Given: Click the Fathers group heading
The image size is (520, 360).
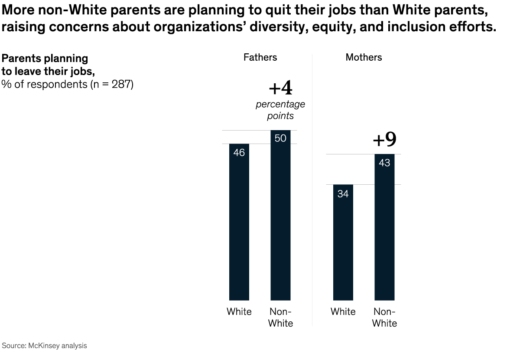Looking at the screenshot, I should tap(260, 57).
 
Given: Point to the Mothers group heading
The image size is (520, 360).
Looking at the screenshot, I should tap(364, 57).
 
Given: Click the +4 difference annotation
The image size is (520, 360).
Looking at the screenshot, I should tap(280, 88).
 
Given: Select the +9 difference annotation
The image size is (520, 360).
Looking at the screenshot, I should tap(384, 140).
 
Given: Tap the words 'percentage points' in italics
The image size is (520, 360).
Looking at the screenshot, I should tap(280, 110).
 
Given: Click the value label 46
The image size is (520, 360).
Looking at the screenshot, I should tap(239, 153).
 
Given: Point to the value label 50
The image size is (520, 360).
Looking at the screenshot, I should tap(280, 139).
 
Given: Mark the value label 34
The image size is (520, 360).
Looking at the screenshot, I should tap(343, 194).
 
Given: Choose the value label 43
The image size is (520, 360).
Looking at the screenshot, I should tap(384, 163).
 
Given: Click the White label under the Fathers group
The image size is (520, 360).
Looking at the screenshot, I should tap(239, 312).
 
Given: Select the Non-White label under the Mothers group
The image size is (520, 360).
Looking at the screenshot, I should tap(384, 317).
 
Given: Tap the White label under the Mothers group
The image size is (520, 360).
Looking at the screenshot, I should tap(343, 312).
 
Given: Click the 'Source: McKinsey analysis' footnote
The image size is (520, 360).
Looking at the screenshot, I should tap(45, 346).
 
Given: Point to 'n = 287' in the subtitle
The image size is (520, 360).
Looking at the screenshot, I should tap(111, 84).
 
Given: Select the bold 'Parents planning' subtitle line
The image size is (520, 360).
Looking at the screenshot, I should tap(45, 59).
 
